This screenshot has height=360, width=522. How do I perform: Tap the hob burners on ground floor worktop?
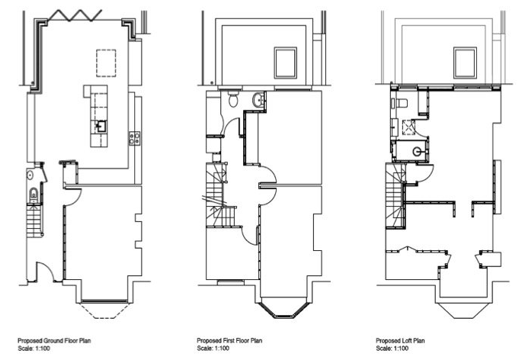[134, 138]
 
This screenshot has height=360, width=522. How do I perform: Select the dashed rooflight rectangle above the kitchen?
[106, 63]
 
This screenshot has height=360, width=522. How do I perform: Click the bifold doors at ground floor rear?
[75, 15]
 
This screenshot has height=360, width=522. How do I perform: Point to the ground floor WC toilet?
[34, 194]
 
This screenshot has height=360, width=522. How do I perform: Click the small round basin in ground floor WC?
[30, 175]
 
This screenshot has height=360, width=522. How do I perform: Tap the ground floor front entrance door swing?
[46, 272]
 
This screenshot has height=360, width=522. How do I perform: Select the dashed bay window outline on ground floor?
[104, 310]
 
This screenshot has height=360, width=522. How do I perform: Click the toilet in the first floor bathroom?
[233, 98]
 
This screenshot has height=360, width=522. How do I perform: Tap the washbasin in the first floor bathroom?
[259, 99]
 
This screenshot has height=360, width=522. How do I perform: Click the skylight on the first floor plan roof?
[286, 63]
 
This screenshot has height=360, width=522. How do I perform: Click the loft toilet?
[400, 103]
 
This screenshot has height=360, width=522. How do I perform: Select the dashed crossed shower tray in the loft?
[408, 127]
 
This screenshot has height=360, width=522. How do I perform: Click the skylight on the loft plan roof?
[465, 63]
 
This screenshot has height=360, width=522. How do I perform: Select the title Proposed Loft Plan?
[401, 341]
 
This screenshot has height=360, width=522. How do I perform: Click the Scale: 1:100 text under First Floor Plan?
[213, 349]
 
